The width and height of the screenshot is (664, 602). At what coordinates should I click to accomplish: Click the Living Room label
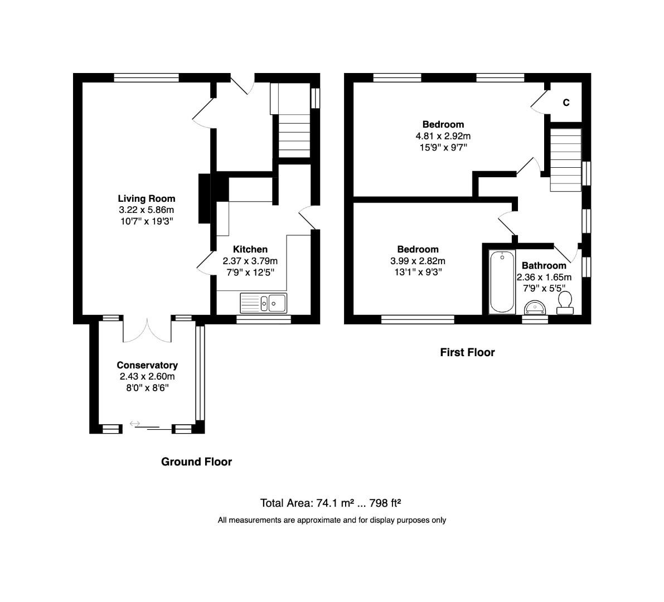146,198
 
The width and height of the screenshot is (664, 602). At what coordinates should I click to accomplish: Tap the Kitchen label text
250,249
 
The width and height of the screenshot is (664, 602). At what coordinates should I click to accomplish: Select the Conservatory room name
147,365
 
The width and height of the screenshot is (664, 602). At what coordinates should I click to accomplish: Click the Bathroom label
544,265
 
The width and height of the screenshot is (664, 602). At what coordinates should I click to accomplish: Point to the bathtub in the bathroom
502,281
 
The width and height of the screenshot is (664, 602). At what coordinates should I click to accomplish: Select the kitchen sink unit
263,303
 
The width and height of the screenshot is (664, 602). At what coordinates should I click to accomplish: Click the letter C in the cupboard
566,103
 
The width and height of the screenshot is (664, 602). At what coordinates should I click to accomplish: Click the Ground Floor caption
196,462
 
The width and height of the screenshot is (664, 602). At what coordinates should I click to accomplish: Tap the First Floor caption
467,352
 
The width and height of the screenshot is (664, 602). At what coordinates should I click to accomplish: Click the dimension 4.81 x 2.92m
443,136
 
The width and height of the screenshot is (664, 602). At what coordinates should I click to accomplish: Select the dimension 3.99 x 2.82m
418,261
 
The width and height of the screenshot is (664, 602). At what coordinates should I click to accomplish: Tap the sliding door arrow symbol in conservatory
134,424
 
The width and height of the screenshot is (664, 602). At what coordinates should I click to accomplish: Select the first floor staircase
565,159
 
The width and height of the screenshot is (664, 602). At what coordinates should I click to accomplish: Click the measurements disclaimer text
332,520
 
